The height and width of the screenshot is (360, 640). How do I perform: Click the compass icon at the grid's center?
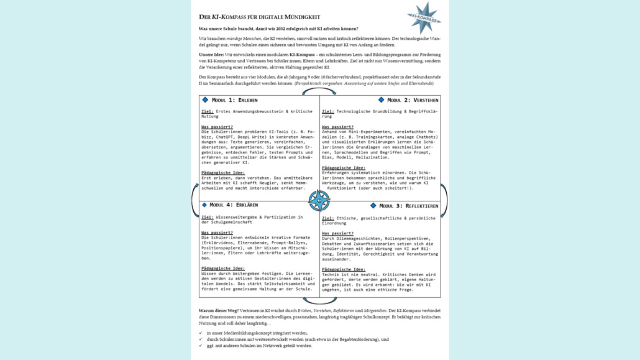click(x=319, y=200)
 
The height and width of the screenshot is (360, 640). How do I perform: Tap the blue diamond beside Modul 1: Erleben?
click(x=205, y=100)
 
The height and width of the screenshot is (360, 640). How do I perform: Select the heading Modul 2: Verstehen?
click(x=413, y=100)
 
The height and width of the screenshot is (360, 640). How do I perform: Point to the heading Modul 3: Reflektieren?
click(x=408, y=206)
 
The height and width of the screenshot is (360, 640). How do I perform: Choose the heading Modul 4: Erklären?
click(x=233, y=205)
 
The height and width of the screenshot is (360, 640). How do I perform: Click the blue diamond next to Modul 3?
click(x=373, y=206)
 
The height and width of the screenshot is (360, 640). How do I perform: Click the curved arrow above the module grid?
click(x=319, y=91)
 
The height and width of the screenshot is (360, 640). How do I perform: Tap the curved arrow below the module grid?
click(x=319, y=302)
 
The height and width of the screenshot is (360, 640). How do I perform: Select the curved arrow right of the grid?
click(x=444, y=200)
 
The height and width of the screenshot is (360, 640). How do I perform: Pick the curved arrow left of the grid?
click(x=195, y=200)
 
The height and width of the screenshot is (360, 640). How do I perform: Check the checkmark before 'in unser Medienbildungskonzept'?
click(x=200, y=333)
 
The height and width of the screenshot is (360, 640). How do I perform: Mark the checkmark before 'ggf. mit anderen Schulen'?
click(x=200, y=346)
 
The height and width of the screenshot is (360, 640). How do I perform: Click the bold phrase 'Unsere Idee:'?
click(x=211, y=55)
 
